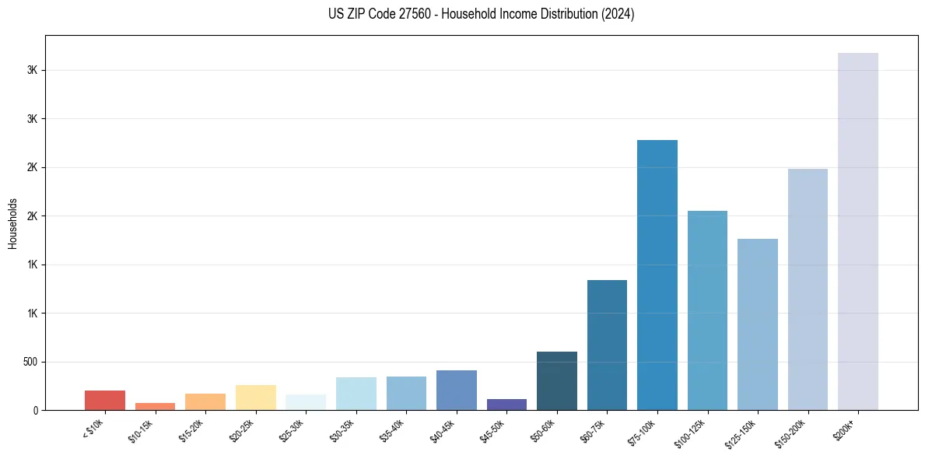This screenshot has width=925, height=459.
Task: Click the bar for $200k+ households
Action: click(858, 233)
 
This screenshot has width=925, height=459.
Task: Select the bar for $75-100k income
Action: click(657, 276)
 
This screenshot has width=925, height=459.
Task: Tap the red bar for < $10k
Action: click(105, 401)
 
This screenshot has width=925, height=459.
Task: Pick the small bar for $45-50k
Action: click(506, 405)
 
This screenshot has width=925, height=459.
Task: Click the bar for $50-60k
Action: click(557, 381)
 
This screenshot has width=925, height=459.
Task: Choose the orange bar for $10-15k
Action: click(155, 406)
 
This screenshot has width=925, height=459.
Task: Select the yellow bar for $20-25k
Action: click(256, 398)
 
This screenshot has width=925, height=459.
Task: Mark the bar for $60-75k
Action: click(607, 345)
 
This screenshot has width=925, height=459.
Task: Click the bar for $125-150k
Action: click(758, 324)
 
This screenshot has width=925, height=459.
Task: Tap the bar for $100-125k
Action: click(707, 310)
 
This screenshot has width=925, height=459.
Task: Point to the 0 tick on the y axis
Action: click(36, 411)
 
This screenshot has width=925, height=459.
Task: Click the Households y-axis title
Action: click(13, 223)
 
